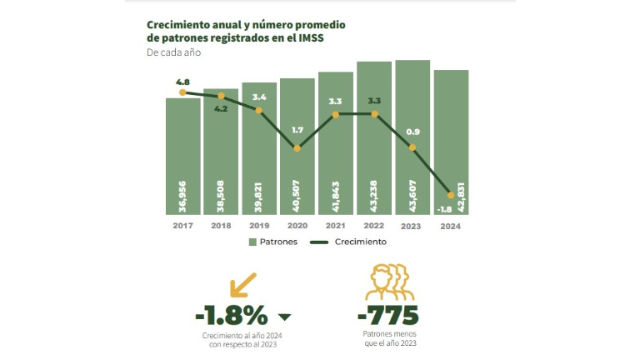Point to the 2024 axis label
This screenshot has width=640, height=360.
(x=450, y=225)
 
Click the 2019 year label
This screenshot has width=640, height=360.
(x=259, y=225)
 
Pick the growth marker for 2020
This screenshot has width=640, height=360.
(x=297, y=148)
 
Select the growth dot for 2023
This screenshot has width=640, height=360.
(x=412, y=147)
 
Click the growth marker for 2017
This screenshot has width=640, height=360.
(x=182, y=92)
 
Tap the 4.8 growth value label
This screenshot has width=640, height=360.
(x=183, y=82)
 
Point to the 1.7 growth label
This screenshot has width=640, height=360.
(x=297, y=131)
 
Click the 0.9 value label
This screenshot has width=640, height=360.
(x=412, y=131)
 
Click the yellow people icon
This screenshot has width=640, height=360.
(x=388, y=284)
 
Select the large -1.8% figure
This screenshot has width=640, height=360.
(x=231, y=316)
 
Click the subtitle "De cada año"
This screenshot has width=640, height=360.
(x=173, y=52)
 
